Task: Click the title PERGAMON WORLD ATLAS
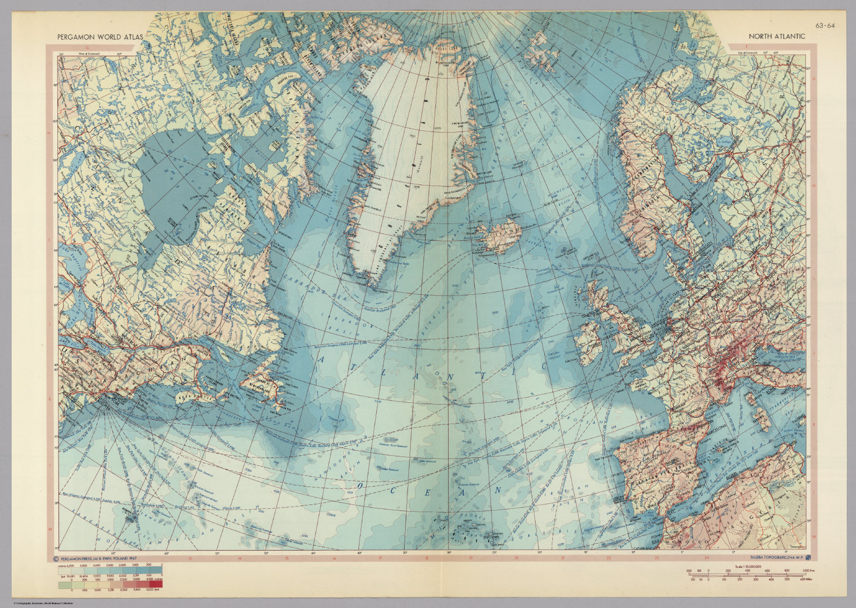coord(100,37)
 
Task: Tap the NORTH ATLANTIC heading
coord(776,36)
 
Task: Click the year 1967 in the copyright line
coord(130,558)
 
